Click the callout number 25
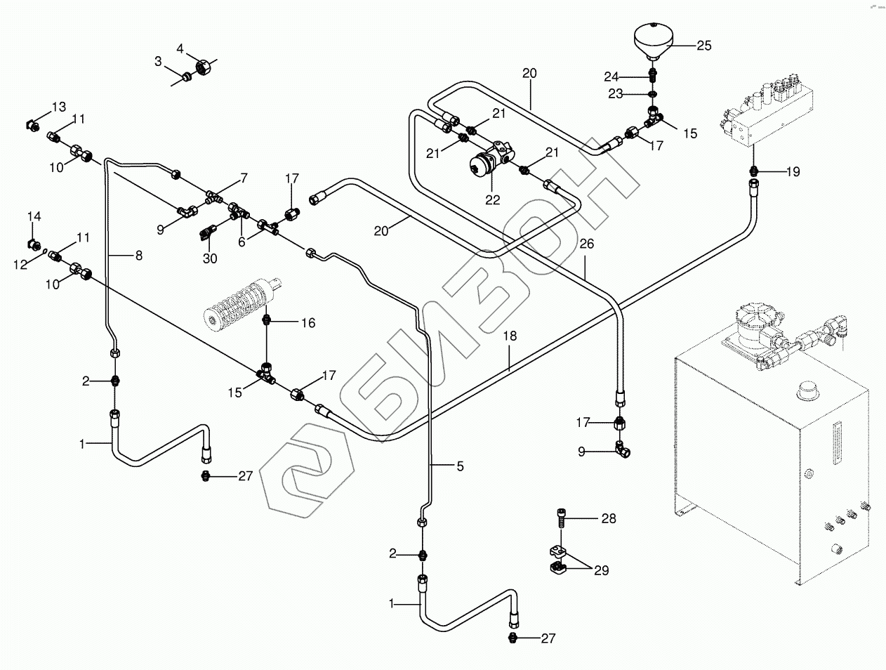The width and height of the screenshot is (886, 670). tap(703, 46)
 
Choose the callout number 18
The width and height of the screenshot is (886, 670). tap(510, 336)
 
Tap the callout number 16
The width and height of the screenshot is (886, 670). tap(308, 323)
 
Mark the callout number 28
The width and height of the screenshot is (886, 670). tap(608, 519)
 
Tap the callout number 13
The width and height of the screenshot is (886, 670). tap(58, 107)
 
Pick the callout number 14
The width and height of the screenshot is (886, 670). tap(34, 216)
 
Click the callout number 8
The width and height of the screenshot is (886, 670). tap(138, 256)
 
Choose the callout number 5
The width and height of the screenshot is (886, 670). tap(460, 465)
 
